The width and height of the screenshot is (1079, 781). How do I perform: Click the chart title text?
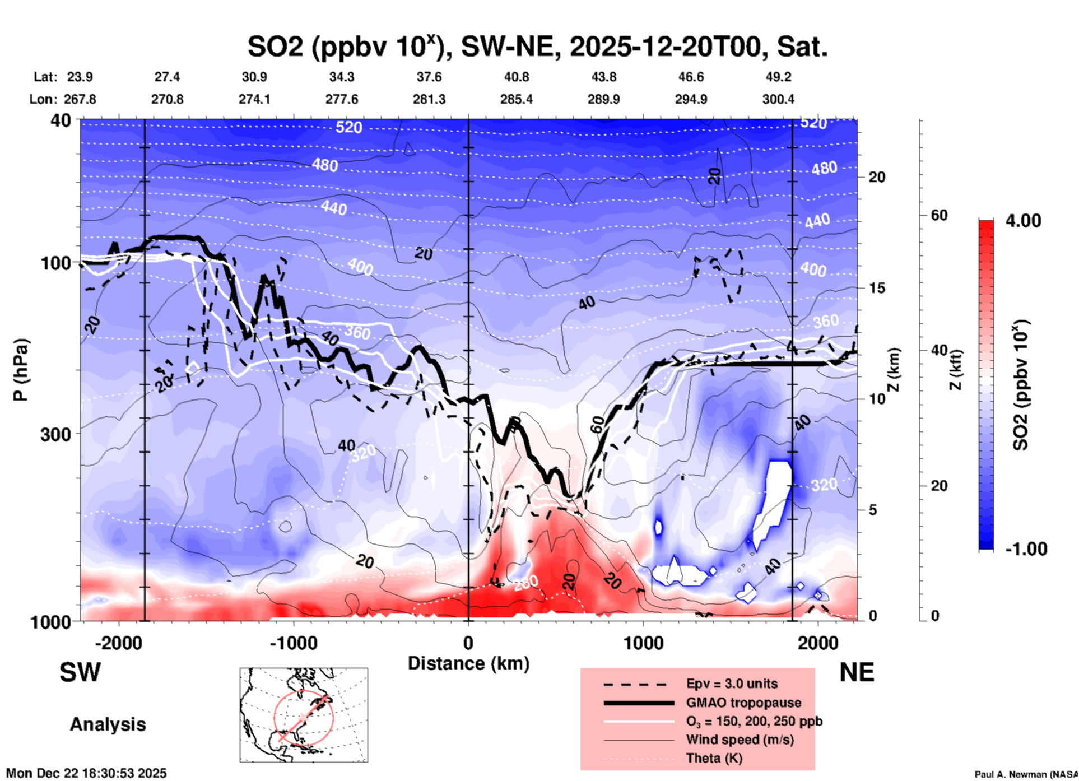pyautogui.click(x=537, y=47)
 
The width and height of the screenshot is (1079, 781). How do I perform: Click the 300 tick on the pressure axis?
pyautogui.click(x=56, y=434)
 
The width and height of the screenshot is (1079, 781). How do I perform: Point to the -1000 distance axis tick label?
pyautogui.click(x=294, y=643)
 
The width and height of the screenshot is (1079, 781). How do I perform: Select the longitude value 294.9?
pyautogui.click(x=690, y=99)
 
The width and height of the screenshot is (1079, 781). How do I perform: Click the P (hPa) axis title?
pyautogui.click(x=20, y=370)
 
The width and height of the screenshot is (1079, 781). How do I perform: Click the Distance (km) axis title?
pyautogui.click(x=468, y=663)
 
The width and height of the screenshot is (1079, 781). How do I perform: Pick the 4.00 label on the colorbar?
pyautogui.click(x=1023, y=221)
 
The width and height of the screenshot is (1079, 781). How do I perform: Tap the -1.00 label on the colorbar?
pyautogui.click(x=1026, y=549)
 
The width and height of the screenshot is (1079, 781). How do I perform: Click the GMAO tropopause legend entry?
pyautogui.click(x=743, y=703)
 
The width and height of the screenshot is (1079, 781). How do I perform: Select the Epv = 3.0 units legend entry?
pyautogui.click(x=732, y=684)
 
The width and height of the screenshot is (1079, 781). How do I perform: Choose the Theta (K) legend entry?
pyautogui.click(x=714, y=758)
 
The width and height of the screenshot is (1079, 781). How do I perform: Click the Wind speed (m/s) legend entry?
pyautogui.click(x=740, y=740)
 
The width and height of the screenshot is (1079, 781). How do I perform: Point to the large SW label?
pyautogui.click(x=80, y=672)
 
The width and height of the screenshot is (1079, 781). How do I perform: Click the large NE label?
pyautogui.click(x=857, y=672)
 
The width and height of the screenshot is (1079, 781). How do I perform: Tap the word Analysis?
pyautogui.click(x=108, y=724)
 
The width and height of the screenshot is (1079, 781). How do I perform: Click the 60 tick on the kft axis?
pyautogui.click(x=939, y=216)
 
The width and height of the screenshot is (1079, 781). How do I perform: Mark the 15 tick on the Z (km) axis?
pyautogui.click(x=877, y=288)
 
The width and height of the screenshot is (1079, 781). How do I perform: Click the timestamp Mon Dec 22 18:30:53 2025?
pyautogui.click(x=86, y=773)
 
